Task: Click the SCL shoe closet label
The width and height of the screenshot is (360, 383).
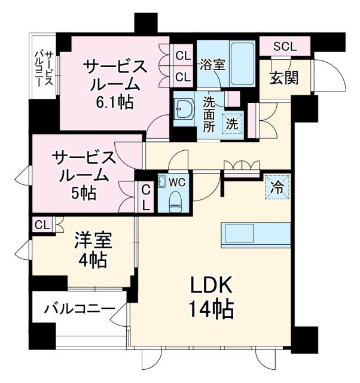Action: coord(285,46)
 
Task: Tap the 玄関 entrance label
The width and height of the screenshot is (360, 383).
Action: coord(283,78)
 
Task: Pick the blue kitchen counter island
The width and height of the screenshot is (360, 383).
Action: coord(255,233)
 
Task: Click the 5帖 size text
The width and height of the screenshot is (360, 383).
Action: coord(83,193)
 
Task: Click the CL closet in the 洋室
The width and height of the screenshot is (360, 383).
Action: coord(42,224)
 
